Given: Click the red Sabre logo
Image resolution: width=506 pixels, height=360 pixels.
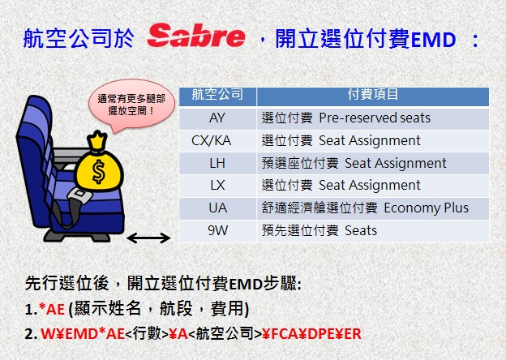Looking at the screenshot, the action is (x=196, y=36).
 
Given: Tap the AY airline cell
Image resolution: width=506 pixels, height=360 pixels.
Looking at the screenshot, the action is (x=217, y=118).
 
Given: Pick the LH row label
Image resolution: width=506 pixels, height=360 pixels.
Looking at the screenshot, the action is (x=217, y=163).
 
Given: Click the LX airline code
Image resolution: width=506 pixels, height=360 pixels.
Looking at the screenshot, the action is (x=217, y=186).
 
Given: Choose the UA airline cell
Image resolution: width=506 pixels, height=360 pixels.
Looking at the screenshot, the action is (x=218, y=208).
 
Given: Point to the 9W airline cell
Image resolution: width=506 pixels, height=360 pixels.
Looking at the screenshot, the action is (x=218, y=230).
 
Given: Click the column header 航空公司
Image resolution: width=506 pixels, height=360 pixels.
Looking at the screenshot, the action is (x=217, y=95).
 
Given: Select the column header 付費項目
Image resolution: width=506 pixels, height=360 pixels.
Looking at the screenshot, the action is (x=373, y=95).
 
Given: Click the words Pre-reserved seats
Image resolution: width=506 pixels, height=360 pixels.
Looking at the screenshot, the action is (x=375, y=118).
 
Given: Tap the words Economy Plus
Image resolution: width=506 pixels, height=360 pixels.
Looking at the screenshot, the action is (x=427, y=208).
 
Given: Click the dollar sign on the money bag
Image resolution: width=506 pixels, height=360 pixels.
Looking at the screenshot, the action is (x=98, y=171).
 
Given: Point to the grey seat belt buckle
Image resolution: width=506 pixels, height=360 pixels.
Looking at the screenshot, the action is (x=79, y=195).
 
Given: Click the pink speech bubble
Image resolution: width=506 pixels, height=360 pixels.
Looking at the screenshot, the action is (x=131, y=105).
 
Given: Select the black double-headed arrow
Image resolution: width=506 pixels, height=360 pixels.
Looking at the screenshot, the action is (x=148, y=238).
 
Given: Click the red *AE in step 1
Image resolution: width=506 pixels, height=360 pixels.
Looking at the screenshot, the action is (x=52, y=310).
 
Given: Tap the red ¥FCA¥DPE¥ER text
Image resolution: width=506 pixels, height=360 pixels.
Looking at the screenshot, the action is (x=311, y=334).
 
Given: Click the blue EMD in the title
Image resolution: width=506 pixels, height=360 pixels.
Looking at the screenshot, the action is (x=433, y=40).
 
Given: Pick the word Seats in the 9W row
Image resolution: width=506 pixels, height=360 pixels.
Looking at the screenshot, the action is (x=361, y=230).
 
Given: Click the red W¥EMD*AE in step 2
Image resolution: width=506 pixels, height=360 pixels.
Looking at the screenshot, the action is (x=83, y=334).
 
